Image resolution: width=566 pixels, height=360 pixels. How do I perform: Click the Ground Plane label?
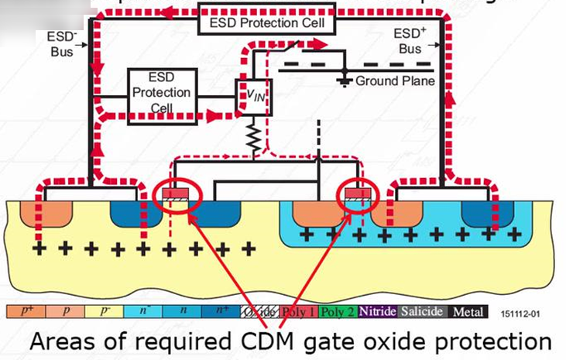[395, 81]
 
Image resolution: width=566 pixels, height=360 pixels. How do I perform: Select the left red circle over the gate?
[180, 197]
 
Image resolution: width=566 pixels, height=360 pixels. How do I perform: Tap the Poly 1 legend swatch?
[299, 312]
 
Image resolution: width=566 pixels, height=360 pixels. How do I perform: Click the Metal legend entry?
[468, 312]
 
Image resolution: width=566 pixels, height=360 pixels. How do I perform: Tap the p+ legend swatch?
[27, 312]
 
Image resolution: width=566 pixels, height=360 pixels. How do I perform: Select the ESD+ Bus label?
[408, 39]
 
